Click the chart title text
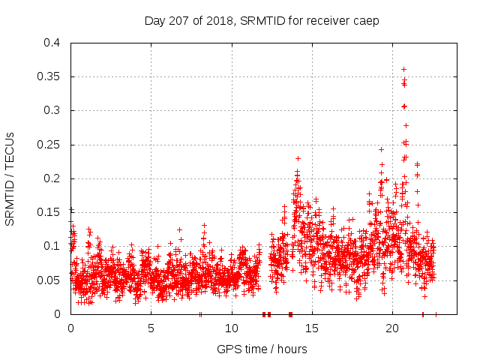261,20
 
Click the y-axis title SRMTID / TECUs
10,178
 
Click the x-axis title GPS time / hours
262,349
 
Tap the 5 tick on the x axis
151,328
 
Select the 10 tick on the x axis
232,328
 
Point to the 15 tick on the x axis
312,328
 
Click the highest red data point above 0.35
404,69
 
